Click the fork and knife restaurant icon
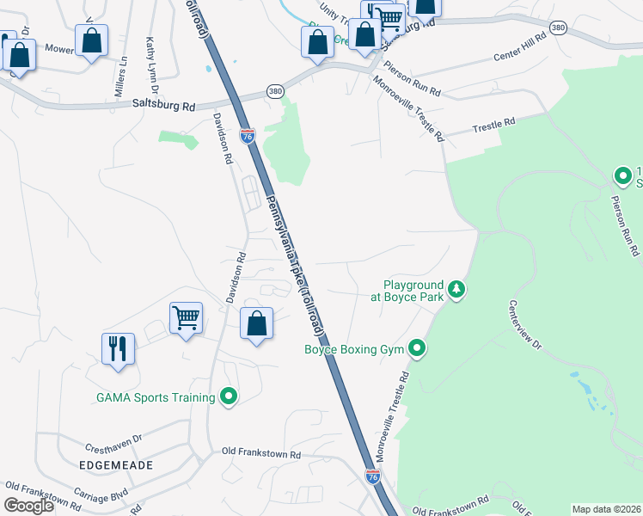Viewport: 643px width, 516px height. coord(118,348)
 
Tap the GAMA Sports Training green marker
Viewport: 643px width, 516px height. coord(229,396)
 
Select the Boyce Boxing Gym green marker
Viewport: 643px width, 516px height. coord(417,348)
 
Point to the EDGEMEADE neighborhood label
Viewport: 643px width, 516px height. coord(116,465)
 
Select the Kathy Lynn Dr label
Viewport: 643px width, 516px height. coord(151,65)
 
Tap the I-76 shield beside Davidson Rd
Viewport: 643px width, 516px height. coord(248,136)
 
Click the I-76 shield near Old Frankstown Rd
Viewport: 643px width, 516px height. coord(373,476)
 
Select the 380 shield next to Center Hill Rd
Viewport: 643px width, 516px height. coord(559,28)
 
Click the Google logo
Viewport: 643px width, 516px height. coord(28,506)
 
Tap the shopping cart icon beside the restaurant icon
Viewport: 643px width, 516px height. coord(186,318)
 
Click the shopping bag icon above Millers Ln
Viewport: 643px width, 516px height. coord(91,40)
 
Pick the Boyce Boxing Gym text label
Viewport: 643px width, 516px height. coord(355,349)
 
